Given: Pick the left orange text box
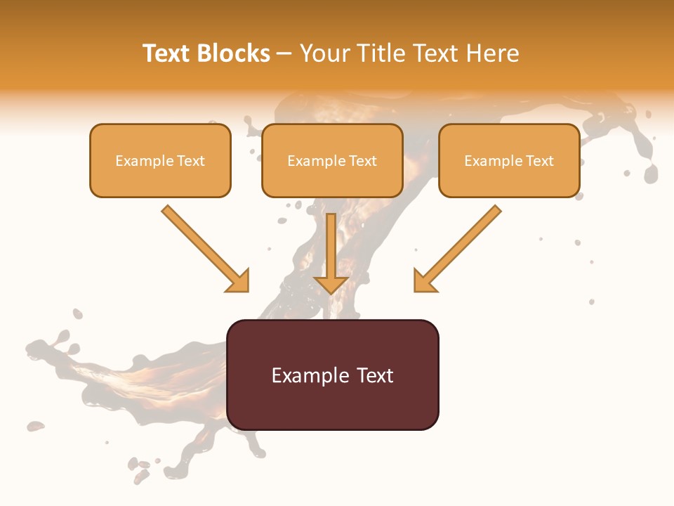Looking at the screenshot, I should click(160, 160).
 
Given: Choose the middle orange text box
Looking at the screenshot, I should click(332, 160).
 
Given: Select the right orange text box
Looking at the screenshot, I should click(509, 160).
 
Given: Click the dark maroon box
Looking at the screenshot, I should click(332, 375).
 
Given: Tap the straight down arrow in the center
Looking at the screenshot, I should click(331, 253).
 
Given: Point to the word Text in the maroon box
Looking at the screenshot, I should click(373, 375).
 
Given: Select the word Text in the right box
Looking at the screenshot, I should click(540, 161).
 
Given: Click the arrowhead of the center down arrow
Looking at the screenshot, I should click(331, 285).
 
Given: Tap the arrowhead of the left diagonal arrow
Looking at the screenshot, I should click(239, 281).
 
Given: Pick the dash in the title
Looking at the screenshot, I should click(284, 53).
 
